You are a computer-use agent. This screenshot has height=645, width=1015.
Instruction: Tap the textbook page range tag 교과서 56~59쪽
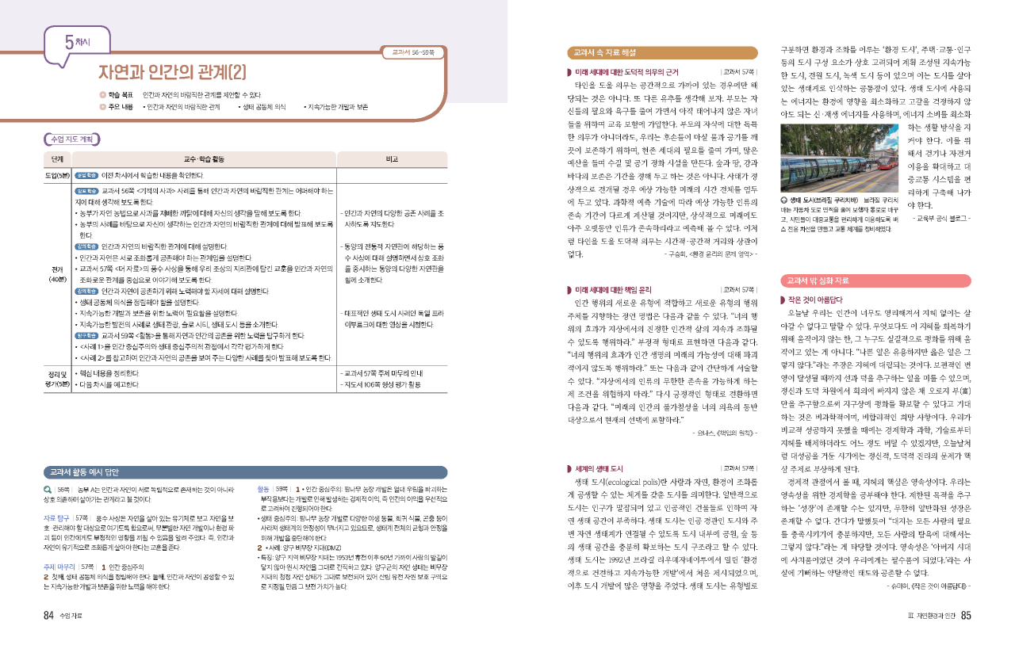point(407,53)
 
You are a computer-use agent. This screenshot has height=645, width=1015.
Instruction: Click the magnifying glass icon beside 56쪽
point(48,488)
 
